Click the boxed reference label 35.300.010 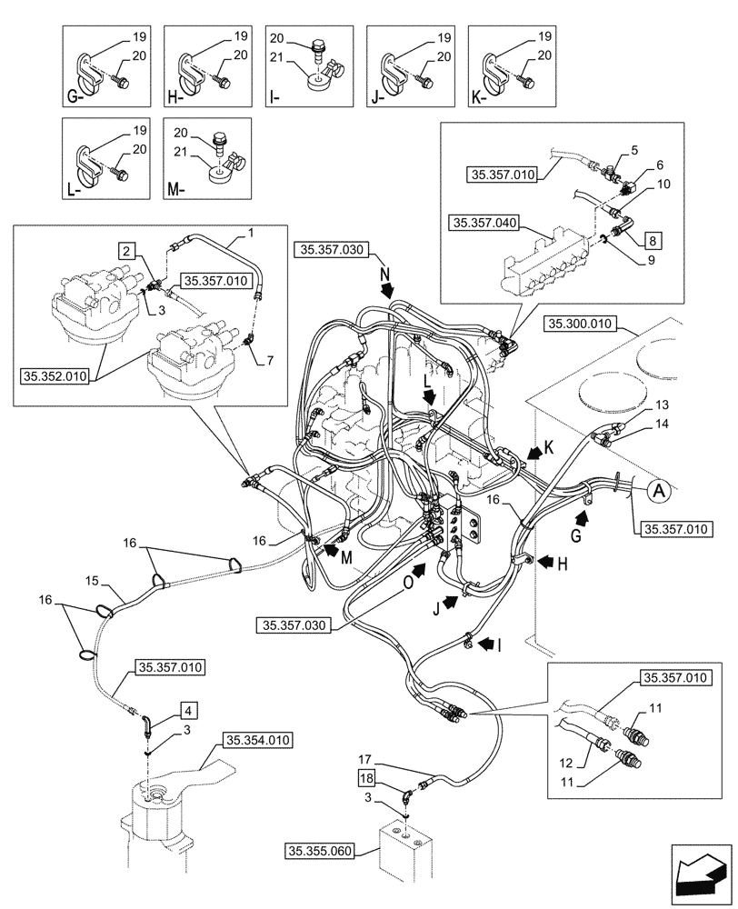click(x=583, y=324)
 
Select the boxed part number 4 click(x=187, y=707)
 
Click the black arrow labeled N click(x=387, y=289)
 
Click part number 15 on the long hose click(x=92, y=579)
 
